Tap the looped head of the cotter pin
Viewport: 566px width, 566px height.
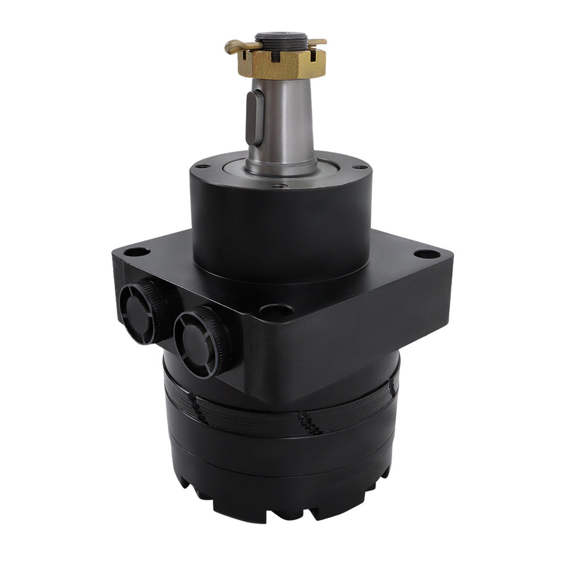click(234, 47)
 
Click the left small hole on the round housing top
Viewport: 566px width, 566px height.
click(203, 166)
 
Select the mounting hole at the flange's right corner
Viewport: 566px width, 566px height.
click(427, 254)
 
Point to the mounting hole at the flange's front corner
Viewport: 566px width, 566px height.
click(276, 310)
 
